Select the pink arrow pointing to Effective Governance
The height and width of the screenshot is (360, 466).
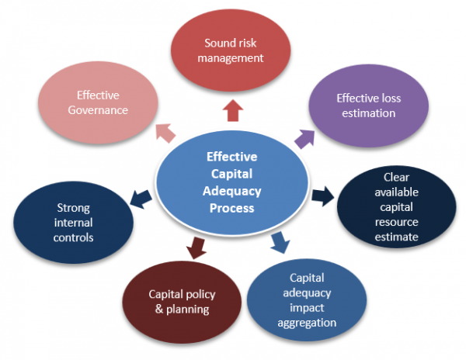165,133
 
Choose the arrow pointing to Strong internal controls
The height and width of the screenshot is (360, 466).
141,198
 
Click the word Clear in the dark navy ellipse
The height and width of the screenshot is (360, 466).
396,177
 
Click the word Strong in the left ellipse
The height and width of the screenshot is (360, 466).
75,208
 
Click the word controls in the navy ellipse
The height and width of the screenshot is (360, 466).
75,237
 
